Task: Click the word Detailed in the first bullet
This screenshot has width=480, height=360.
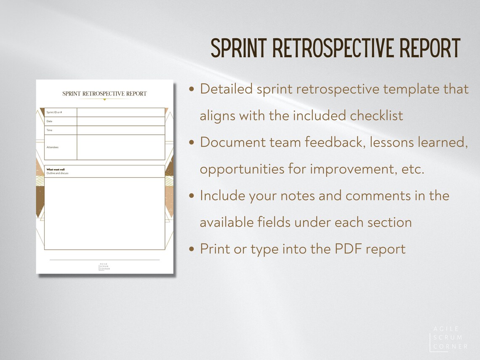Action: click(x=226, y=89)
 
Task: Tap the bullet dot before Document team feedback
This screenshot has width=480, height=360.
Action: click(x=192, y=143)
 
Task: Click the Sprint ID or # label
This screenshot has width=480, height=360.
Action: click(x=54, y=112)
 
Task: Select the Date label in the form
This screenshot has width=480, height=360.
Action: click(x=49, y=121)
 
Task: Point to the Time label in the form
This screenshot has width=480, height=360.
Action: click(x=49, y=130)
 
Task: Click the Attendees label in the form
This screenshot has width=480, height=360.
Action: click(x=52, y=147)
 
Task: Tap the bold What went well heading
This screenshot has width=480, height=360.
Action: click(x=56, y=170)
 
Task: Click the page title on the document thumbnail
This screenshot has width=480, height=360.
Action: click(x=104, y=93)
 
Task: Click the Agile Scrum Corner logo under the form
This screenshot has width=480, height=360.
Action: click(x=104, y=267)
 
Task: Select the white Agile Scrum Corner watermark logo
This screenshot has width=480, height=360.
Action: click(x=448, y=338)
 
